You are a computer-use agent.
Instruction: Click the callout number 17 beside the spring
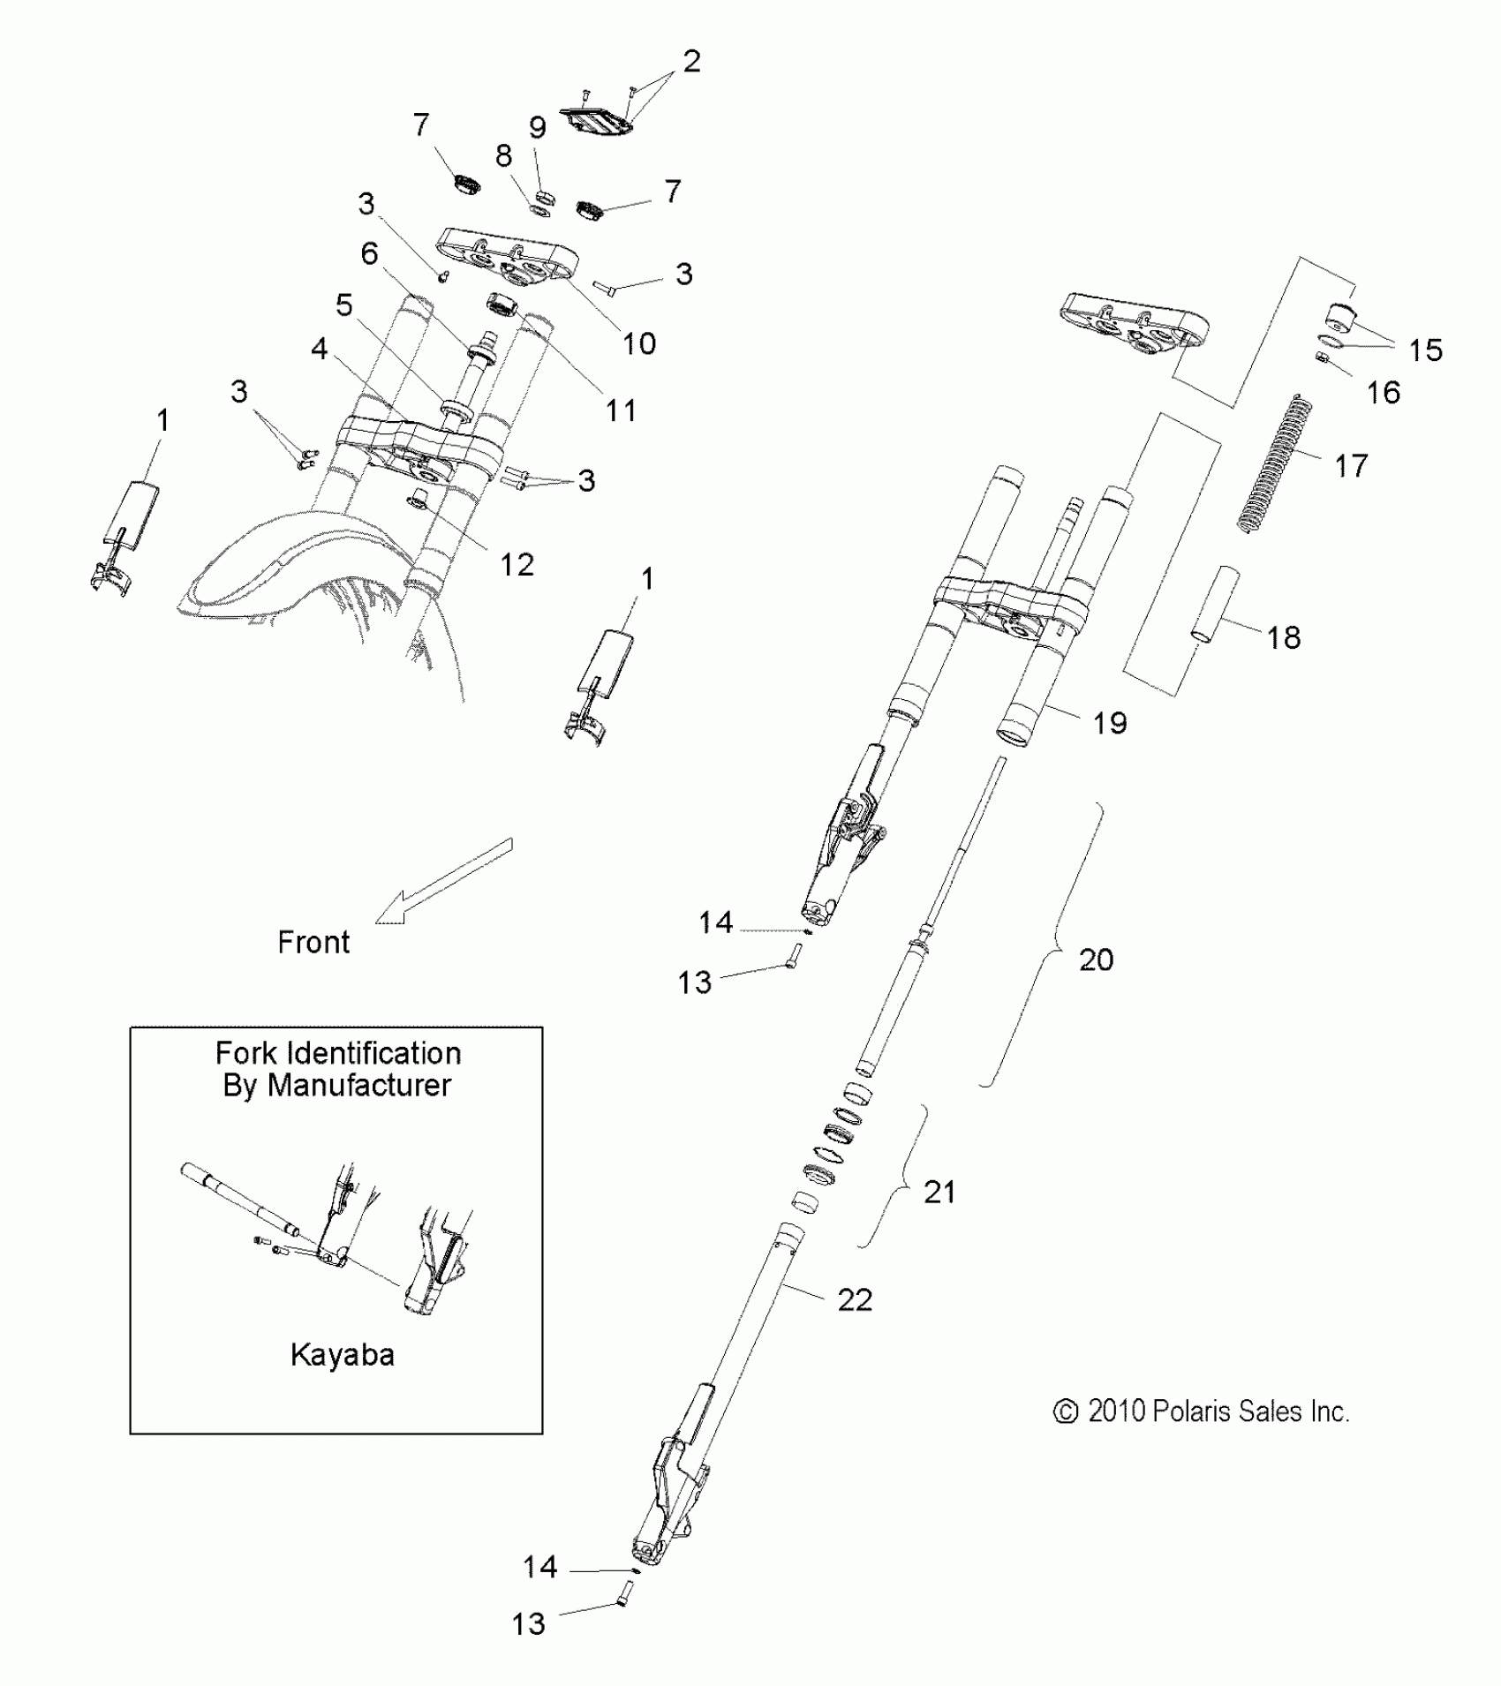[1350, 465]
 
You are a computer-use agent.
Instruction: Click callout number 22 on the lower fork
[854, 1298]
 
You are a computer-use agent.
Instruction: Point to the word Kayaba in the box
[342, 1354]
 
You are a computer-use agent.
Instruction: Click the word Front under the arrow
[313, 942]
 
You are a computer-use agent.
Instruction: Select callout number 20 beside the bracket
[1096, 960]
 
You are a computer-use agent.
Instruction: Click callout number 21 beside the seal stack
[939, 1192]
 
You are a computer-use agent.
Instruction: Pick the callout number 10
[638, 343]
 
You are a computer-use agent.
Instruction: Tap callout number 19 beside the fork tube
[1110, 723]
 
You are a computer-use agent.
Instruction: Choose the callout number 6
[369, 254]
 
